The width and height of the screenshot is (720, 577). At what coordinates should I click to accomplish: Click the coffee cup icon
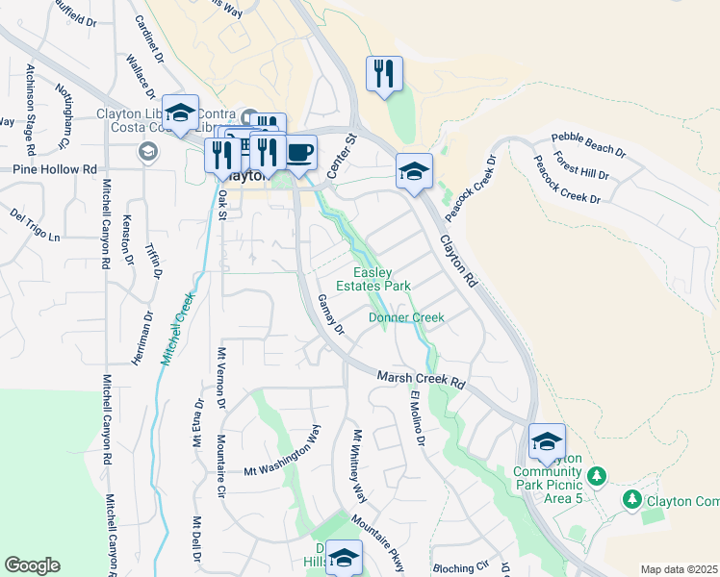click(x=300, y=153)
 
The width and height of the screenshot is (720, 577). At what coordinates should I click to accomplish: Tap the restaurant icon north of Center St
click(x=384, y=73)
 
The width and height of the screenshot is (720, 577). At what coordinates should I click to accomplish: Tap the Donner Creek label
click(x=406, y=317)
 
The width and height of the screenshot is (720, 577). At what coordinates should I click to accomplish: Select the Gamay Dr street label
click(x=330, y=314)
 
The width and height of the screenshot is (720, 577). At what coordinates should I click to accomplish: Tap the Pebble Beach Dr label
click(x=588, y=145)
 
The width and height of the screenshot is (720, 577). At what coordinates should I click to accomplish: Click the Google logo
click(x=32, y=565)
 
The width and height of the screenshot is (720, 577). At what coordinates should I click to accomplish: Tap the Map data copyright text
click(x=678, y=569)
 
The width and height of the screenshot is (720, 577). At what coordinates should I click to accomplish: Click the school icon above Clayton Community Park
click(x=547, y=441)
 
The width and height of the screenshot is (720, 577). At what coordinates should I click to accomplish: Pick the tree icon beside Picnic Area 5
click(x=597, y=476)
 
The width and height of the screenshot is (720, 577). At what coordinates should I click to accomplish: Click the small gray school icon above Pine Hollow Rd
click(x=148, y=151)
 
